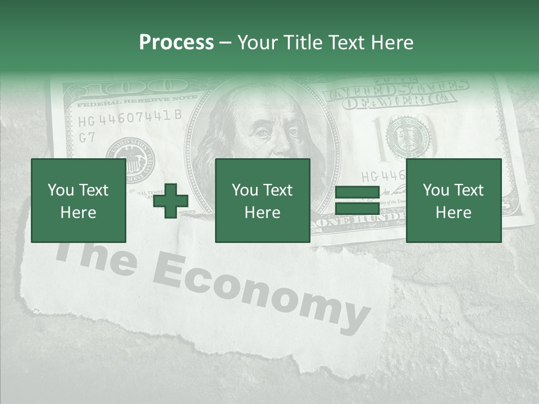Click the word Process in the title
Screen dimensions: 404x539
(176, 43)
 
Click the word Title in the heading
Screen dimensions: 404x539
(303, 43)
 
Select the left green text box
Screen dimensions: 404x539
(78, 200)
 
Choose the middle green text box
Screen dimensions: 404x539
(262, 200)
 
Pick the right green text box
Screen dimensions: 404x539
(453, 200)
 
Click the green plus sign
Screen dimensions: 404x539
(171, 200)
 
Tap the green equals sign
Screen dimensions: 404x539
(357, 200)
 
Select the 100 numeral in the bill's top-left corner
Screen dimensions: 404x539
(135, 87)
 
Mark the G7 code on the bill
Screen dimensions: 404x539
(87, 137)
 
